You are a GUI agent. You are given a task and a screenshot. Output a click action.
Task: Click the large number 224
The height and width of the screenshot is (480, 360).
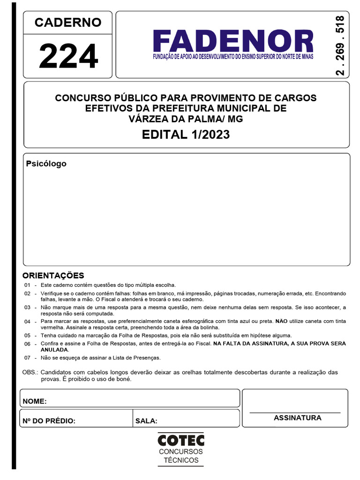(x=68, y=57)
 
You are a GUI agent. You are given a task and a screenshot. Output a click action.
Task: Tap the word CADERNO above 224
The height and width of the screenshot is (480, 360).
(x=68, y=22)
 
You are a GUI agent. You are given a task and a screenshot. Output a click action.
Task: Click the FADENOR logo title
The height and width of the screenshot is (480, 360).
(x=233, y=41)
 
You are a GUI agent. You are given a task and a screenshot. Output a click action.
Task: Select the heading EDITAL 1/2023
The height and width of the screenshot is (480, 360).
(x=186, y=135)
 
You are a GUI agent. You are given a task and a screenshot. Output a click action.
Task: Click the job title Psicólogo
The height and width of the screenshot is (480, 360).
(x=46, y=164)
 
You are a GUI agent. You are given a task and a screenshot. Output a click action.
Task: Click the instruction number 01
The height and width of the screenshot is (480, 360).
(x=27, y=285)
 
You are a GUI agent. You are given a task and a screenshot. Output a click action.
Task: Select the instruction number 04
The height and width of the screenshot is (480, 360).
(x=27, y=322)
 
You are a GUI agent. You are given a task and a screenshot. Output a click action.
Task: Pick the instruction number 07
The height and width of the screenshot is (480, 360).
(x=27, y=358)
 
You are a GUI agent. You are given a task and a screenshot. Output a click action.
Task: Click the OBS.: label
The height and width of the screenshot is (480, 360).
(x=30, y=372)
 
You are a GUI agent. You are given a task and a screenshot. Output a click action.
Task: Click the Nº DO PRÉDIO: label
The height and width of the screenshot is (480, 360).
(x=49, y=421)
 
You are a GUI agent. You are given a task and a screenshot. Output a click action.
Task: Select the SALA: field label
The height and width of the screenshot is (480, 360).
(x=146, y=421)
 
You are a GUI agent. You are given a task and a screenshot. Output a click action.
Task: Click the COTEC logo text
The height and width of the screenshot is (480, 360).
(x=181, y=441)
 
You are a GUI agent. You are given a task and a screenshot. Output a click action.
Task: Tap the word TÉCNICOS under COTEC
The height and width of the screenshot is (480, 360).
(x=181, y=460)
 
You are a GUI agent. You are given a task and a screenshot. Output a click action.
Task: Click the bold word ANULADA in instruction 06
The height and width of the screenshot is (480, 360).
(x=54, y=350)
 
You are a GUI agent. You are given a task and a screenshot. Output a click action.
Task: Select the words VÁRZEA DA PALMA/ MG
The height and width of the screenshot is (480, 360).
(x=186, y=119)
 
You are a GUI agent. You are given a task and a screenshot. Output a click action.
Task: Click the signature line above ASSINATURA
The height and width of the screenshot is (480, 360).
(x=295, y=412)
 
